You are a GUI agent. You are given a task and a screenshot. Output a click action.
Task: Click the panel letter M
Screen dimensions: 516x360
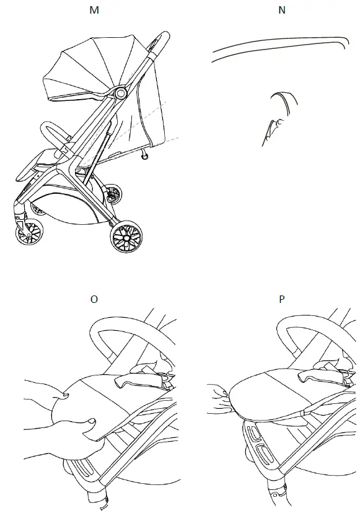[94, 11]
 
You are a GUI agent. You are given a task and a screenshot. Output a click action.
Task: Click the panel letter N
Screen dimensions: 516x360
[283, 11]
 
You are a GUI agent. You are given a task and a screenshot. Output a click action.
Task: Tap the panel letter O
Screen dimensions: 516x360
[94, 299]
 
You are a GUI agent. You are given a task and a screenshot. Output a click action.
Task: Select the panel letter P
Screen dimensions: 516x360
[283, 299]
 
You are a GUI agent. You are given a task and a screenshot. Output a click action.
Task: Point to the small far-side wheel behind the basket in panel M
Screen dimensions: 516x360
[113, 193]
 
